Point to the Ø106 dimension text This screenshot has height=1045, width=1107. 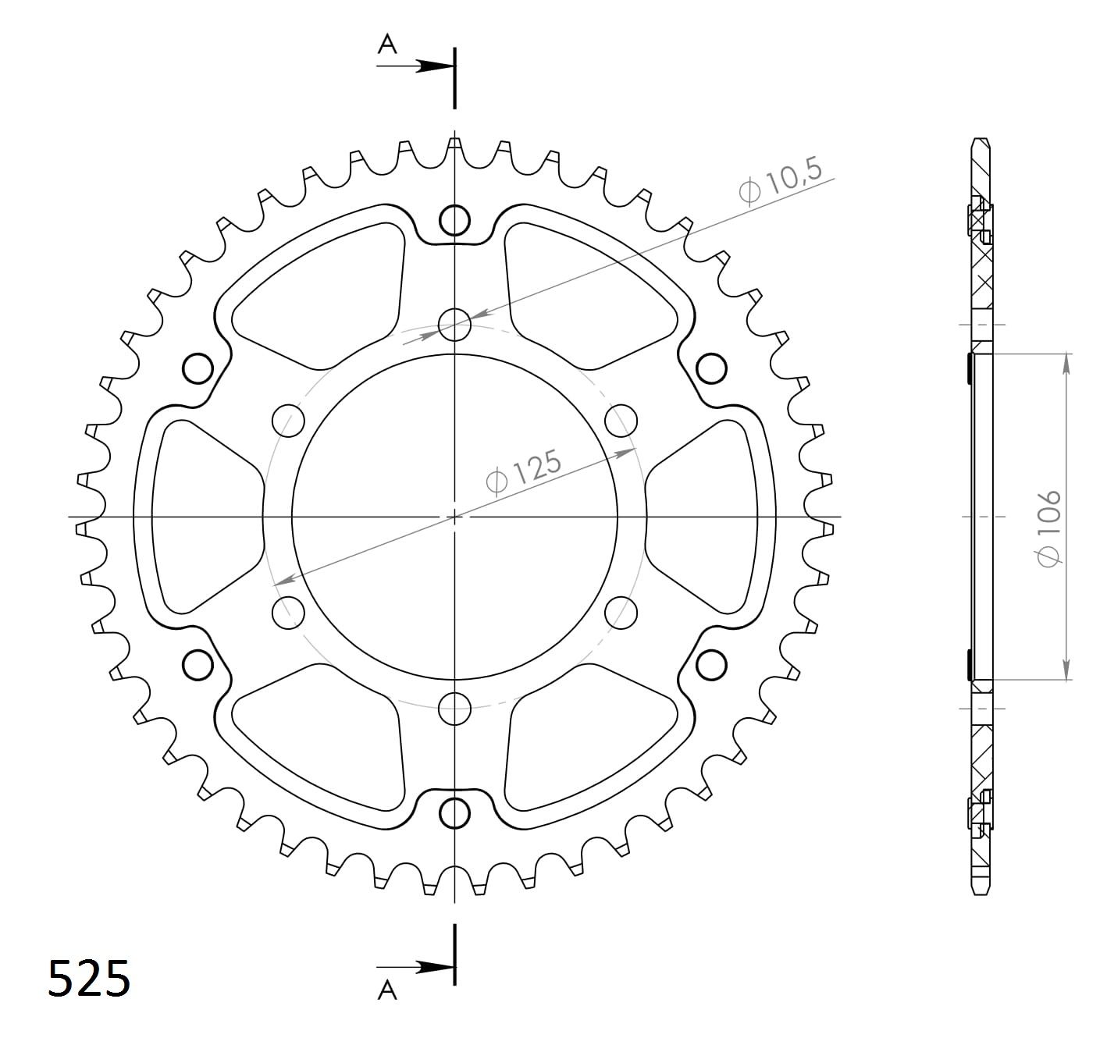click(1048, 528)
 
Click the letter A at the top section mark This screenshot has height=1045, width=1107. click(387, 44)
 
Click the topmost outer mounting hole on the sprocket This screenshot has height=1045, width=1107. click(454, 220)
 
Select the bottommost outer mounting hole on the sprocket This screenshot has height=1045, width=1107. click(454, 813)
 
